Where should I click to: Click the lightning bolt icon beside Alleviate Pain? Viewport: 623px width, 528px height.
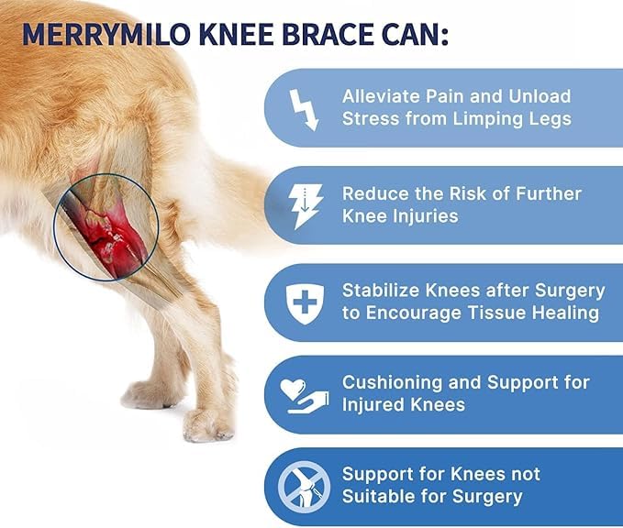point(303,108)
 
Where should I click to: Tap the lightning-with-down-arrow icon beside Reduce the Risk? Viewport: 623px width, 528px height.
point(304,205)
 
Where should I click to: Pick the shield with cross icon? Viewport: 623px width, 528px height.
point(304,302)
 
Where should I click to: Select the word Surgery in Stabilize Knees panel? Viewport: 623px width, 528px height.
point(568,291)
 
